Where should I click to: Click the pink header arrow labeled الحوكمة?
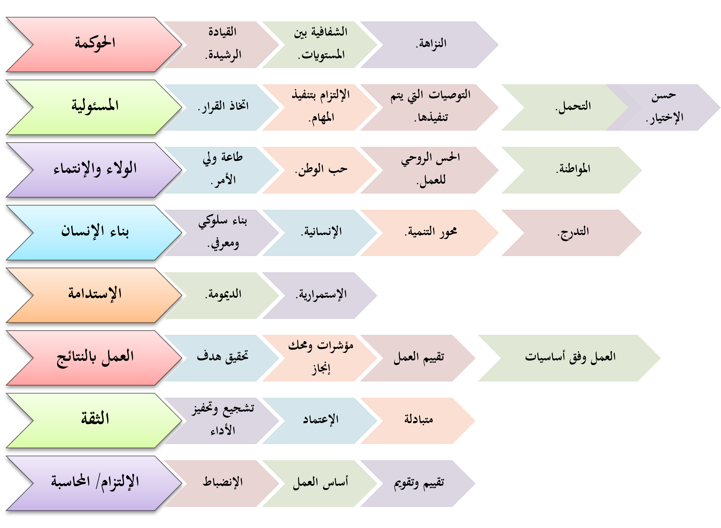pyautogui.click(x=95, y=44)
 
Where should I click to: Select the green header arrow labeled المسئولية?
pyautogui.click(x=95, y=107)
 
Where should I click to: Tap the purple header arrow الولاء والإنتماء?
pyautogui.click(x=95, y=170)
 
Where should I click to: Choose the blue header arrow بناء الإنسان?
pyautogui.click(x=95, y=232)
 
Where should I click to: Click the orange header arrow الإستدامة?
pyautogui.click(x=95, y=295)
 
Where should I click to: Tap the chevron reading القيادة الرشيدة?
pyautogui.click(x=223, y=44)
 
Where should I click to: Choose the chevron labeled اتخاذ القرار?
pyautogui.click(x=223, y=107)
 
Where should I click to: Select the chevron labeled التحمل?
pyautogui.click(x=573, y=107)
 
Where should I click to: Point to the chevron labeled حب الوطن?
pyautogui.click(x=321, y=170)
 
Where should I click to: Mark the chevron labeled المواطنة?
pyautogui.click(x=573, y=170)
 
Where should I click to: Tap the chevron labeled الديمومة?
pyautogui.click(x=223, y=295)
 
